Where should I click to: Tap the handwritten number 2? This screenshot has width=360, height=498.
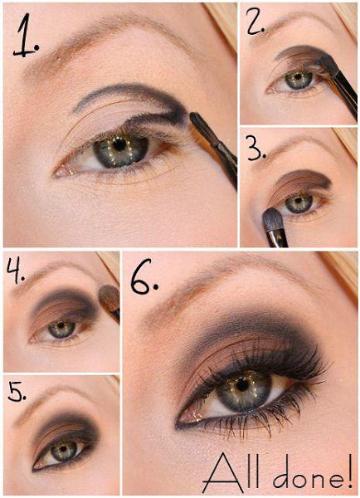point(255,23)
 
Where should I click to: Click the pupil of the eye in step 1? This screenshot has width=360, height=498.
point(119,145)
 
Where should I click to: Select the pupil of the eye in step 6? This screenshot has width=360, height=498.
point(242,385)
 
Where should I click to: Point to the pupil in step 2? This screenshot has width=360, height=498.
point(298,76)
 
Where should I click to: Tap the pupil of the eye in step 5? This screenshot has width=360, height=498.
point(63,449)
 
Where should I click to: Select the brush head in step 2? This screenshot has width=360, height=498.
point(328,66)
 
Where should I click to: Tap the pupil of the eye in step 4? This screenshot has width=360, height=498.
point(61,325)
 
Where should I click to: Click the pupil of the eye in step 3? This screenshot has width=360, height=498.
point(298,200)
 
